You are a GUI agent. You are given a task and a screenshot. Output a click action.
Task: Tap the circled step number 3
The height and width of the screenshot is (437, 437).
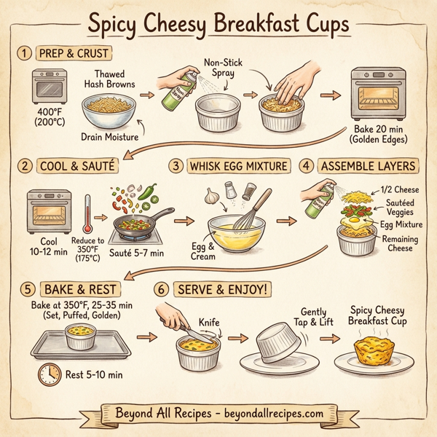(x=176, y=165)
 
